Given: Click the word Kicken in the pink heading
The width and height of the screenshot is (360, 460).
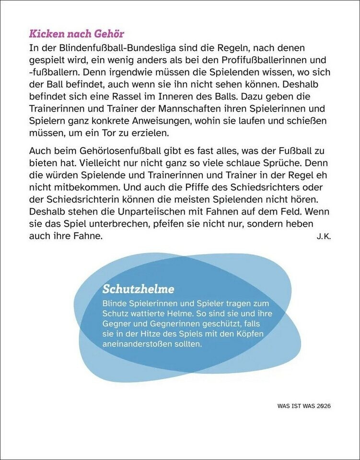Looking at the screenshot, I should coord(45,34).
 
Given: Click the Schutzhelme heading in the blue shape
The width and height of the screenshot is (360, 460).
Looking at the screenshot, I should coord(138,289).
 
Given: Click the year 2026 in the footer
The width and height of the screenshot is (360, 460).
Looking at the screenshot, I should coord(324,405).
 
